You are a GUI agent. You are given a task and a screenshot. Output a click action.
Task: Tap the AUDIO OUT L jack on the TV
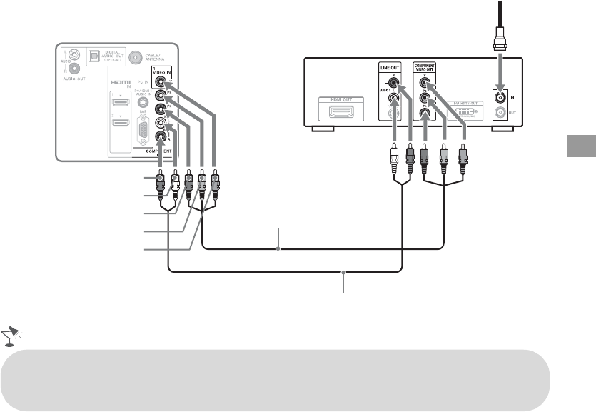[x=68, y=54]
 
